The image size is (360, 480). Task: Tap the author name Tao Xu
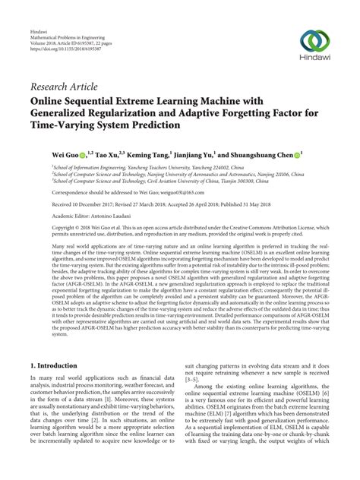point(107,153)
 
